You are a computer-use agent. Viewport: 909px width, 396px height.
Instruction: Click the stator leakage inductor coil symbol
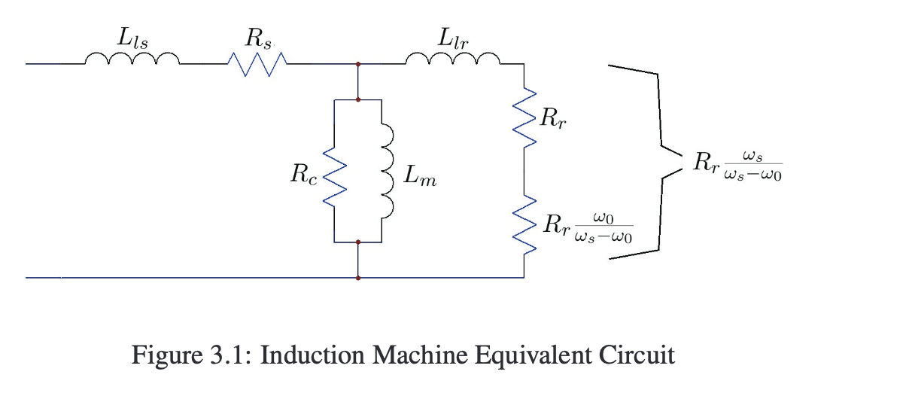tap(132, 59)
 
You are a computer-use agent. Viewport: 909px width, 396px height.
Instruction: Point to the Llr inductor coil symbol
tap(453, 59)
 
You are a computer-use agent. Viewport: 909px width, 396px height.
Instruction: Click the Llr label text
tap(454, 37)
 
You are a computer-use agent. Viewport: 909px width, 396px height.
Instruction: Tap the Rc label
tap(305, 178)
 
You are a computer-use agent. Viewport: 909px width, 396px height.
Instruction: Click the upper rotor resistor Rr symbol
tap(524, 117)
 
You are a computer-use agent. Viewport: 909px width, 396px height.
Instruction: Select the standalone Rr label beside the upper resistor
tap(554, 119)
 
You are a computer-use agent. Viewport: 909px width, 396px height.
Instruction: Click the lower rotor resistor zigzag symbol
tap(524, 224)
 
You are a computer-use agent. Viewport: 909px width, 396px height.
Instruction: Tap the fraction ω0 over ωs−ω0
tap(603, 227)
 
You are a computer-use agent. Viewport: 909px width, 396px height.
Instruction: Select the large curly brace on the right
tap(646, 161)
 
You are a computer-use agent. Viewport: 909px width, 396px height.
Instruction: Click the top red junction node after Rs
tap(358, 65)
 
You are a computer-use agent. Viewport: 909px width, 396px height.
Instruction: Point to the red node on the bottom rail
tap(358, 278)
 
